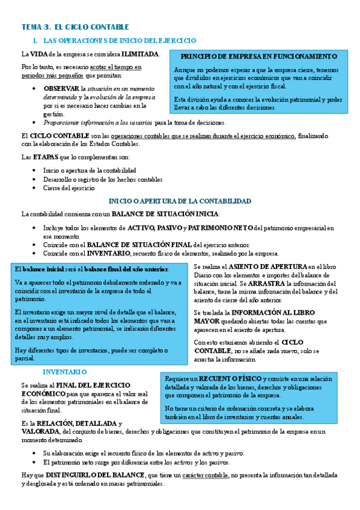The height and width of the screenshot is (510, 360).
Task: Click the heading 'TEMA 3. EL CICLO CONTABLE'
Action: pos(75,28)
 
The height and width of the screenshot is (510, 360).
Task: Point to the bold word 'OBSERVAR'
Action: pos(61,88)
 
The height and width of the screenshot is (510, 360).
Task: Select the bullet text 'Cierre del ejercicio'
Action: pos(69,188)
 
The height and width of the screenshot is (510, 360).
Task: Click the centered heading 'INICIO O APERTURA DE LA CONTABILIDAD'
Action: pos(179,201)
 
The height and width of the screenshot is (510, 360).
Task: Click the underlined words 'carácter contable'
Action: pos(208,475)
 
